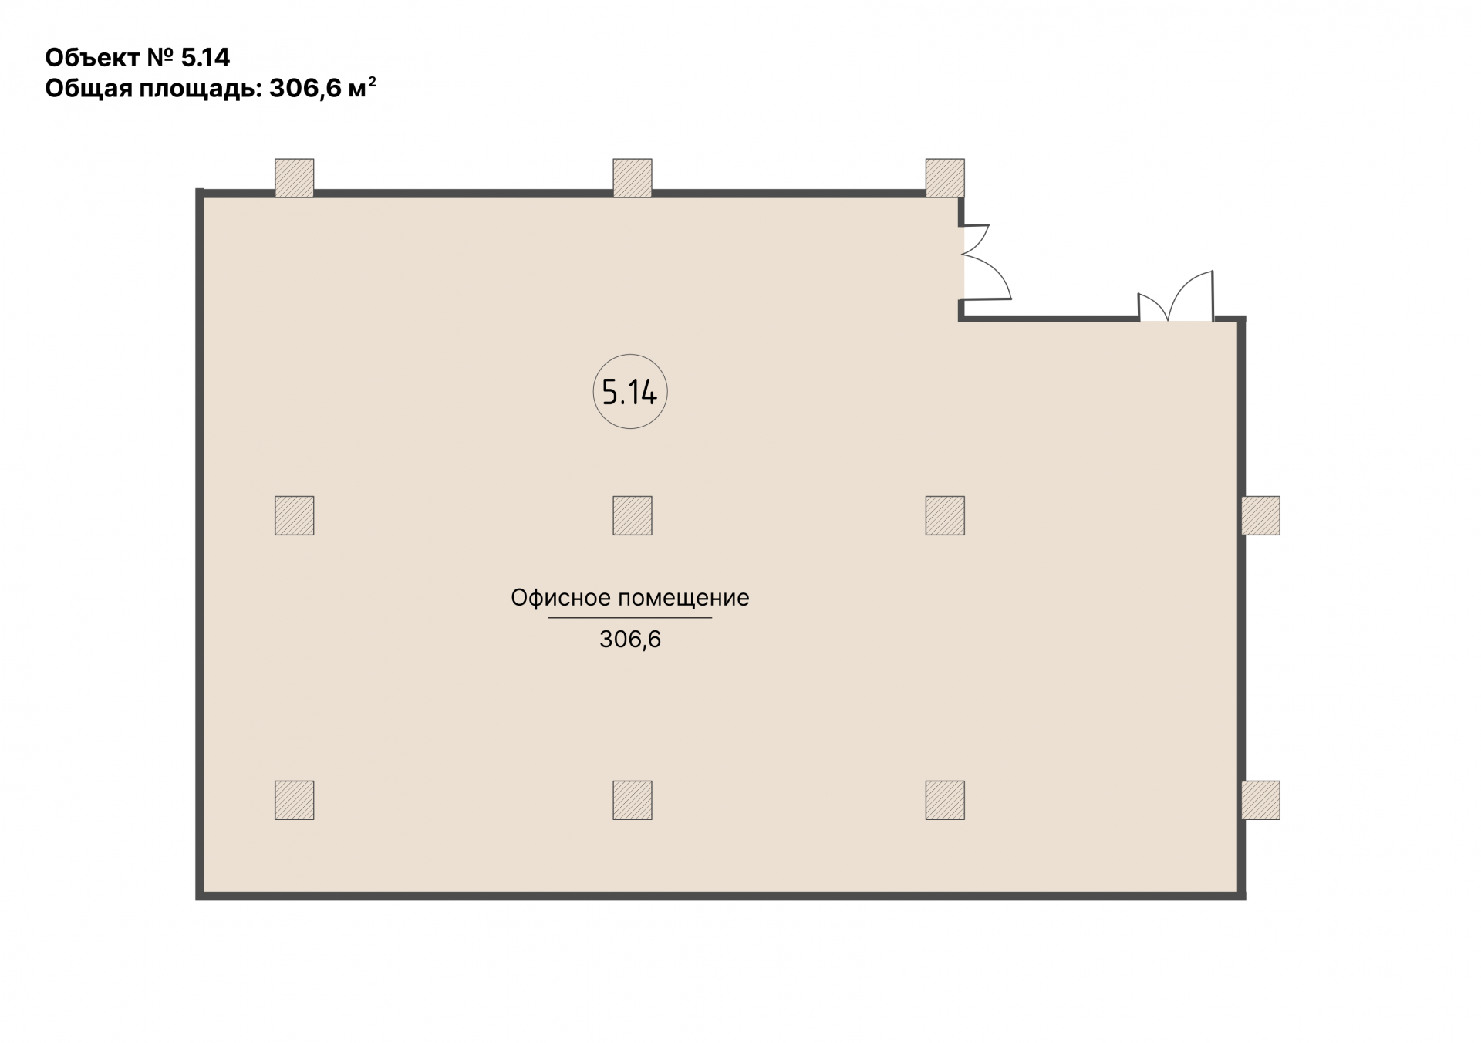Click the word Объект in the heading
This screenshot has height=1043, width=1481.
pos(93,58)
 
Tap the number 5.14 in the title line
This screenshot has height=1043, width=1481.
pos(205,58)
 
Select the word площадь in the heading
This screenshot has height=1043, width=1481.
pos(201,90)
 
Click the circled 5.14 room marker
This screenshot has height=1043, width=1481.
pos(629,393)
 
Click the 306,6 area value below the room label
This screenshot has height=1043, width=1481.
pos(630,640)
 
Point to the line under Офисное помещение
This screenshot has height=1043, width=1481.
pos(630,618)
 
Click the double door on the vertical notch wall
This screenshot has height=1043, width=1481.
pos(986,262)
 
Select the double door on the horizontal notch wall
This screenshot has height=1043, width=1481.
pos(1176,296)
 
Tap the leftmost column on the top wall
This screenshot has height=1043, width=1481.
pos(295,178)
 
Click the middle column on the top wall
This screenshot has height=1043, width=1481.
pos(633,178)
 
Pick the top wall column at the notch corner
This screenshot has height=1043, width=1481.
pos(945,178)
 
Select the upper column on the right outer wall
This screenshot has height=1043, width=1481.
pos(1260,515)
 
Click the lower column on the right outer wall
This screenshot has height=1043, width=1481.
pos(1260,800)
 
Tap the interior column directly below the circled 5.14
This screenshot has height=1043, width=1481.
pos(633,515)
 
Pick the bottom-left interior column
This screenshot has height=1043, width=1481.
pos(295,800)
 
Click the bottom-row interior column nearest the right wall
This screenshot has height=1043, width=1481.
pos(945,800)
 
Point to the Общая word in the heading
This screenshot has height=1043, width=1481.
pos(88,90)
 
